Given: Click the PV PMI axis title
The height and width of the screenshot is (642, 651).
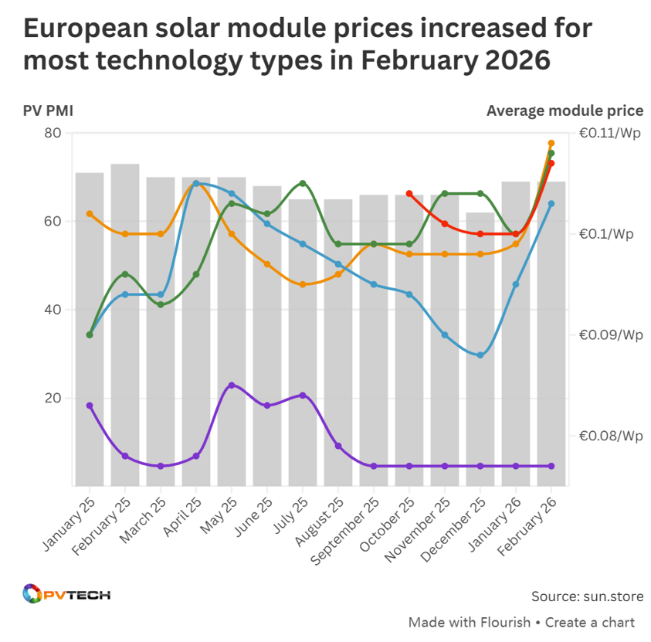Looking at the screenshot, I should (48, 110).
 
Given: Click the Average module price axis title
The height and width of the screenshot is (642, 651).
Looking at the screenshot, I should (565, 110).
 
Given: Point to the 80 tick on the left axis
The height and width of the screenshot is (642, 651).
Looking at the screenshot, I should (53, 133).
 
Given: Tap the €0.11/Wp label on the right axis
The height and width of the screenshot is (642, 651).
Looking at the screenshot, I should (610, 133).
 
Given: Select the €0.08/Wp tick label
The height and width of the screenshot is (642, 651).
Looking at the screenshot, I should (610, 436).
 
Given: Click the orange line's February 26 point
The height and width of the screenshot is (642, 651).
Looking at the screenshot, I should (551, 144).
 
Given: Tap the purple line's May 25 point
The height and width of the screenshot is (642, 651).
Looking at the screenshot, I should (232, 385).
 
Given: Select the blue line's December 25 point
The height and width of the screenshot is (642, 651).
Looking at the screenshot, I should (480, 355).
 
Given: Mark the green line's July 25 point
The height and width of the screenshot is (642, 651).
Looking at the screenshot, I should (303, 183).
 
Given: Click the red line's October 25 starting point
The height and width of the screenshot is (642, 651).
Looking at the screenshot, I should (409, 194).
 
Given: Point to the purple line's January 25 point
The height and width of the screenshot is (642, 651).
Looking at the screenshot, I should (90, 406).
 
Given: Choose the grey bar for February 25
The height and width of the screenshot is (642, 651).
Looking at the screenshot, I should (125, 324).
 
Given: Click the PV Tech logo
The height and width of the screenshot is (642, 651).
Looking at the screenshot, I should (66, 595).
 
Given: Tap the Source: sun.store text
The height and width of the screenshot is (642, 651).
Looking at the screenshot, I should (587, 596).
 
